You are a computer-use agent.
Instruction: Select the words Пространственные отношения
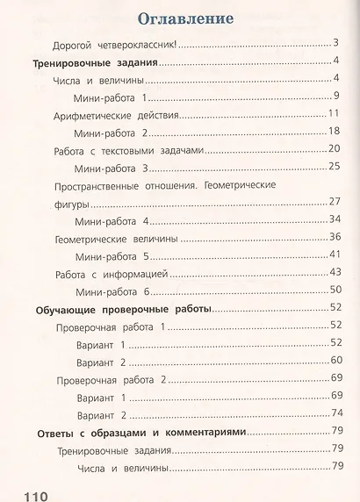pyautogui.click(x=112, y=186)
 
